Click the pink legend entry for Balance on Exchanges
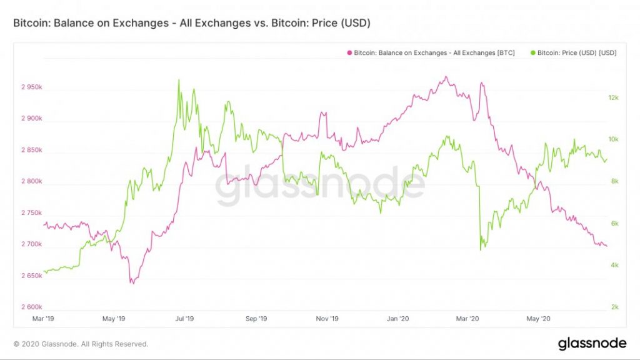point(431,53)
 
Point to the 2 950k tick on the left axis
point(29,87)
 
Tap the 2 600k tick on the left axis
point(29,307)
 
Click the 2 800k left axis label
point(29,182)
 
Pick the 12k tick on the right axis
point(613,98)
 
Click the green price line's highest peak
point(179,80)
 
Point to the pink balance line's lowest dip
point(131,283)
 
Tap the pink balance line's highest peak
point(445,77)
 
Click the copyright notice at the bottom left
point(81,344)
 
